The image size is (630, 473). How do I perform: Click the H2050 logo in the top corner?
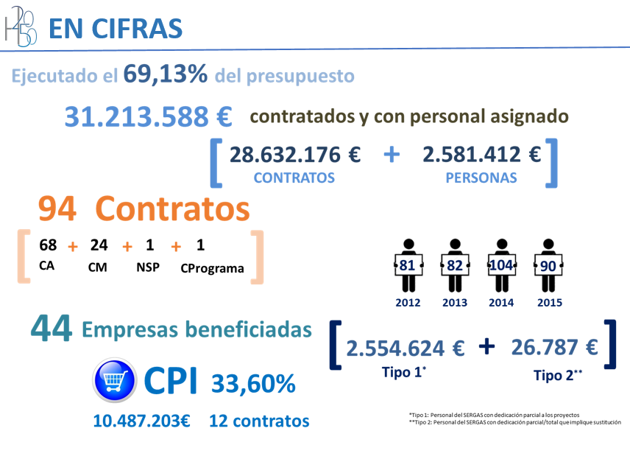coord(20,27)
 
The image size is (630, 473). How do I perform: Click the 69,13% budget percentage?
coord(166,74)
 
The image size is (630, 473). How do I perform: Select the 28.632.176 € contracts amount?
coord(295,155)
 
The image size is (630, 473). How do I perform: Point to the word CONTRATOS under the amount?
coord(294,178)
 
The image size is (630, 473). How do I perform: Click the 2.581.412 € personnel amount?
coord(482,155)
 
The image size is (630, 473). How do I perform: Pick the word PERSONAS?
coord(481,178)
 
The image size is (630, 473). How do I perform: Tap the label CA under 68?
coord(46,266)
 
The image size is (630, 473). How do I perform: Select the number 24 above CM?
coord(99,245)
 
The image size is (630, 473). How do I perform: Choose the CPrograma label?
coord(212,268)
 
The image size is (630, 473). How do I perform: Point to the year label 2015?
coord(549,303)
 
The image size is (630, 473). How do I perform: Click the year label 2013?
coord(455,303)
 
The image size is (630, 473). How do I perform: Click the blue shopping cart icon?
coord(113,381)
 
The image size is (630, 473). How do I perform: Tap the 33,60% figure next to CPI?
coord(253,383)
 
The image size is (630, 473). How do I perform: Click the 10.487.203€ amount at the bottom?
coord(142,421)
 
